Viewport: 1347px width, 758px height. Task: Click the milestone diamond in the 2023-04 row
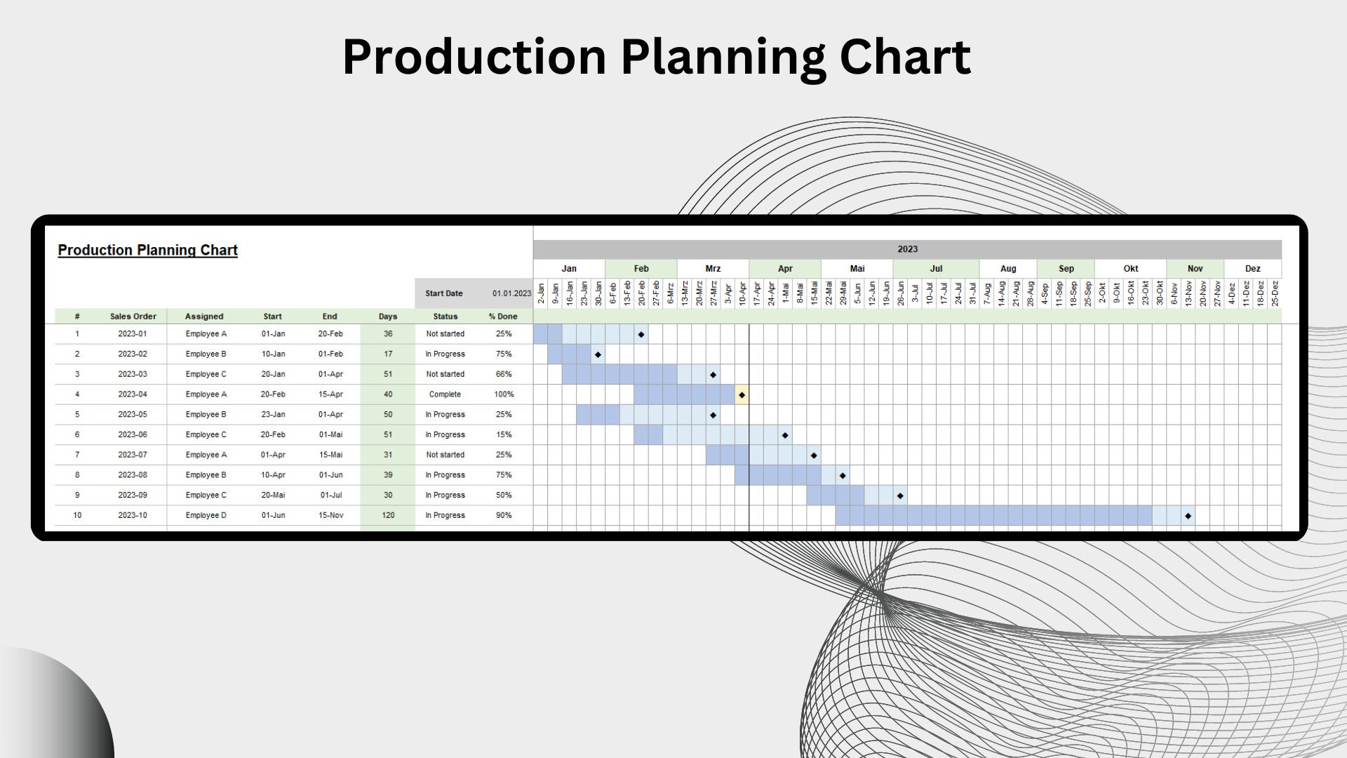coord(742,395)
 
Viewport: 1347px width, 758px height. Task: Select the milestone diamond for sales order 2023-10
coord(1188,516)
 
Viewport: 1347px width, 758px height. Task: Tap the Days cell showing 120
coord(388,515)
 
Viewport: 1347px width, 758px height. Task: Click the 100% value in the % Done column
coord(504,394)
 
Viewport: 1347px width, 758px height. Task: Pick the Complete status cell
coord(445,394)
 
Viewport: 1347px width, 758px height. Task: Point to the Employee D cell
coord(206,515)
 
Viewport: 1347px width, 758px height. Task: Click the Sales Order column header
coord(133,317)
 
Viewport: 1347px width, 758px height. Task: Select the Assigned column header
coord(204,317)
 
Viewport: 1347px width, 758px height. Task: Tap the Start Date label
coord(443,293)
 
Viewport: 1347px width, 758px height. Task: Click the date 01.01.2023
coord(511,293)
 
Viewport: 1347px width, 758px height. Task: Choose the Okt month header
coord(1130,269)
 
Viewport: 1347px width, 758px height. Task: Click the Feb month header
coord(641,269)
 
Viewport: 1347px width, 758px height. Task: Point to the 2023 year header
coord(907,249)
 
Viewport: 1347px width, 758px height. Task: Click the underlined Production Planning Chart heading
coord(147,251)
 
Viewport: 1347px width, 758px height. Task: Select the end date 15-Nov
coord(330,515)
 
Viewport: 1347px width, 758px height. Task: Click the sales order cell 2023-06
coord(133,434)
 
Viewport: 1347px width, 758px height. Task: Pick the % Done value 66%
coord(504,374)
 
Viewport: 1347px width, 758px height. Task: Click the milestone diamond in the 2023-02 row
coord(598,354)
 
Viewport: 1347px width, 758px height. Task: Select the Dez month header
coord(1252,269)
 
